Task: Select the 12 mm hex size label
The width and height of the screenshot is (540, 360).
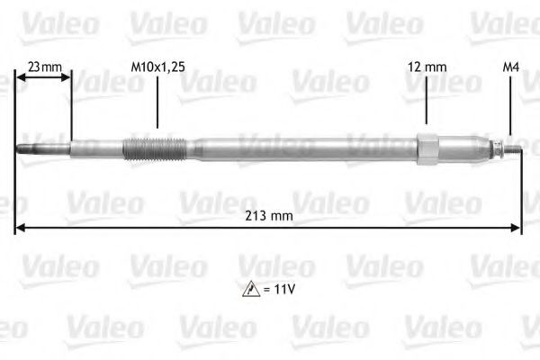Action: [427, 66]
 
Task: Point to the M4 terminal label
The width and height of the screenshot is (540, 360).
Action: [510, 66]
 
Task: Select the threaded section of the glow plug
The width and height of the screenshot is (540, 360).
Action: [153, 146]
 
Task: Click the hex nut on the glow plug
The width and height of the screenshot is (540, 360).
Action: [427, 147]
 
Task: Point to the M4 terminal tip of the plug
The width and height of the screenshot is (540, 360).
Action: [515, 148]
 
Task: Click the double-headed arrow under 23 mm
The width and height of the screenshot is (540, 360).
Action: [43, 79]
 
